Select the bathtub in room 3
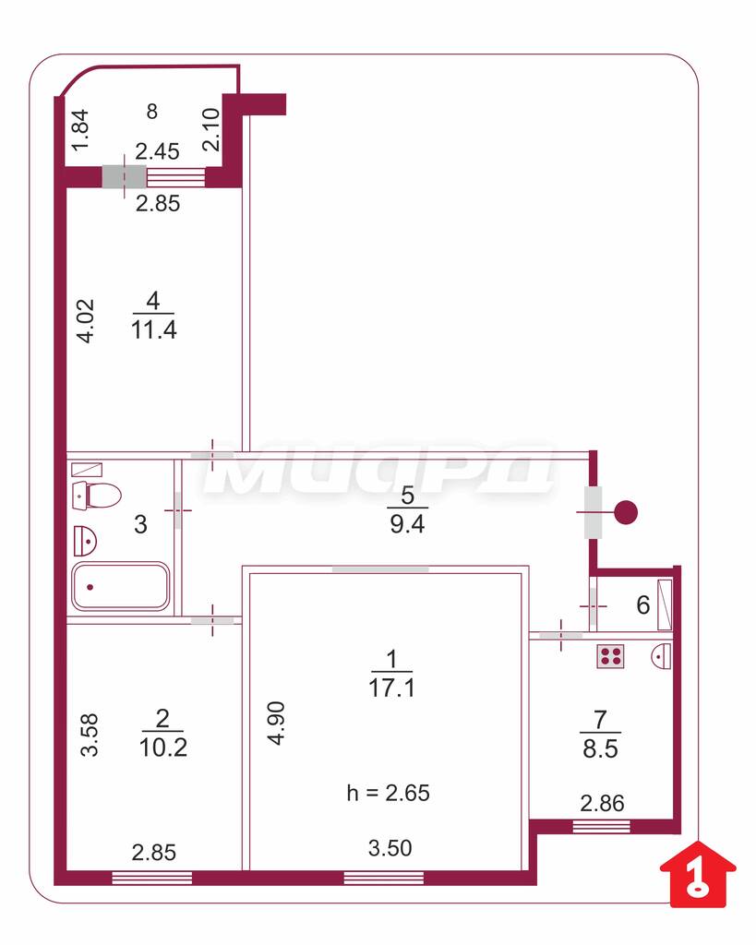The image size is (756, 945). [x=120, y=586]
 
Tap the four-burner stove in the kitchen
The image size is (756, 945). [x=610, y=656]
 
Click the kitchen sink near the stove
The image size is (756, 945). [x=662, y=655]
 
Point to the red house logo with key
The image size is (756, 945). [x=698, y=874]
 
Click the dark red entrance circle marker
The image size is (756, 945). [x=626, y=512]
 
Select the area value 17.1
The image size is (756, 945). [x=392, y=688]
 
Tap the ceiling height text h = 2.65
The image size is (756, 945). [x=389, y=793]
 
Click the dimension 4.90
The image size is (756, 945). [x=276, y=724]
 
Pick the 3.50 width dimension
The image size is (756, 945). [x=390, y=848]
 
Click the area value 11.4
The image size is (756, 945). [x=154, y=330]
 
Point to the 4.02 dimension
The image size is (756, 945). [x=86, y=321]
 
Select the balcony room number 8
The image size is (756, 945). [x=152, y=111]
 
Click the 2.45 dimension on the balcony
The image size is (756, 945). [x=157, y=151]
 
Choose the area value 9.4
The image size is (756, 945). [x=408, y=524]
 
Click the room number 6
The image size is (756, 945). [x=643, y=604]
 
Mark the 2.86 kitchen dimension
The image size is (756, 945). [x=602, y=804]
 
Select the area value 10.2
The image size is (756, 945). [x=162, y=748]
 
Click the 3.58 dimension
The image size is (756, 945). [x=90, y=735]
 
